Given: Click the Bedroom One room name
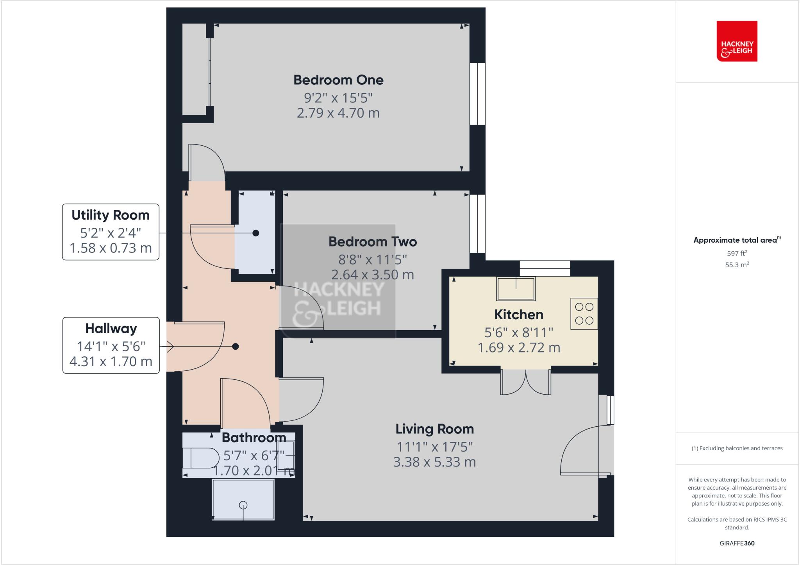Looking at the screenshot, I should tap(338, 80).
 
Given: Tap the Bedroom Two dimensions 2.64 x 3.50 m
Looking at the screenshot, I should tap(372, 275).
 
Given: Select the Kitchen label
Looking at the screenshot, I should tap(519, 315).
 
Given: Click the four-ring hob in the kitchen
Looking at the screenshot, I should tap(584, 314).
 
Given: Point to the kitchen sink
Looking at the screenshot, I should tap(516, 289).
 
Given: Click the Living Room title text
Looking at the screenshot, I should tap(434, 429).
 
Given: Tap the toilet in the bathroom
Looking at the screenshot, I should tap(201, 458).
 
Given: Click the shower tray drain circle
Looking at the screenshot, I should tap(243, 505).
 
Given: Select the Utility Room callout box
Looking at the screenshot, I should tap(111, 232).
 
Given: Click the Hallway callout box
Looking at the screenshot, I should tap(111, 345).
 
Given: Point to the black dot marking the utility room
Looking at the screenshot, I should tap(256, 233).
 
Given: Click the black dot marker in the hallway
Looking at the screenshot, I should tap(235, 347).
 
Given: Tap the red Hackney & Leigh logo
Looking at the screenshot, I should tap(737, 41).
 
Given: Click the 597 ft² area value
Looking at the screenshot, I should tap(737, 253).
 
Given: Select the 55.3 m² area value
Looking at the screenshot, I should tap(737, 265).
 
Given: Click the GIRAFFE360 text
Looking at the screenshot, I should tap(737, 543).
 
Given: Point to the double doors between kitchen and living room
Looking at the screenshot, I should tap(526, 382).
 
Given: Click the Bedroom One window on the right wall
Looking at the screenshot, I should tap(477, 94).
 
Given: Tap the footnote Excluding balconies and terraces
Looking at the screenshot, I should tap(737, 448).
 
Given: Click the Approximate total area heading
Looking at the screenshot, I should tap(737, 240).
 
